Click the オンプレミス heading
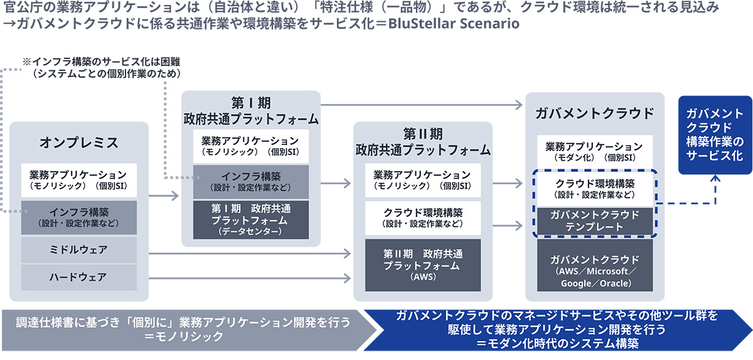79,142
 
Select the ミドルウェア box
79,250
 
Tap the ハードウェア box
79,276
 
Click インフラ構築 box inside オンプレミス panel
79,216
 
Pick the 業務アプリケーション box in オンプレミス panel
79,180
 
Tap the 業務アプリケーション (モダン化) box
594,151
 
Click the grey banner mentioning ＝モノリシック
182,329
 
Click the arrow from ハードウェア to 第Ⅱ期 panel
251,277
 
